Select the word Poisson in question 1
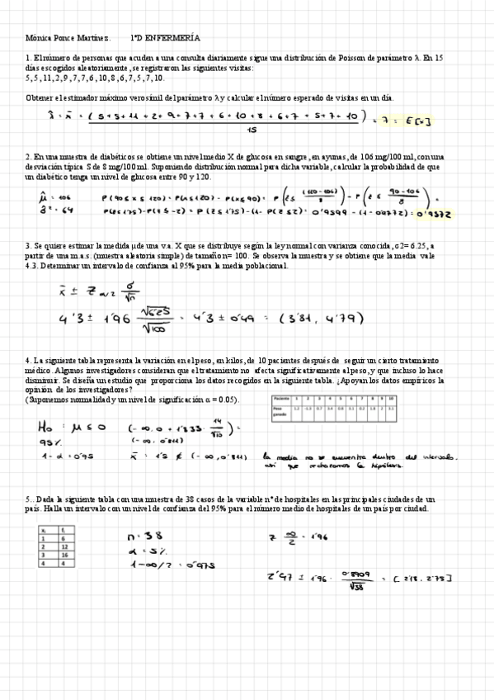[355, 58]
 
